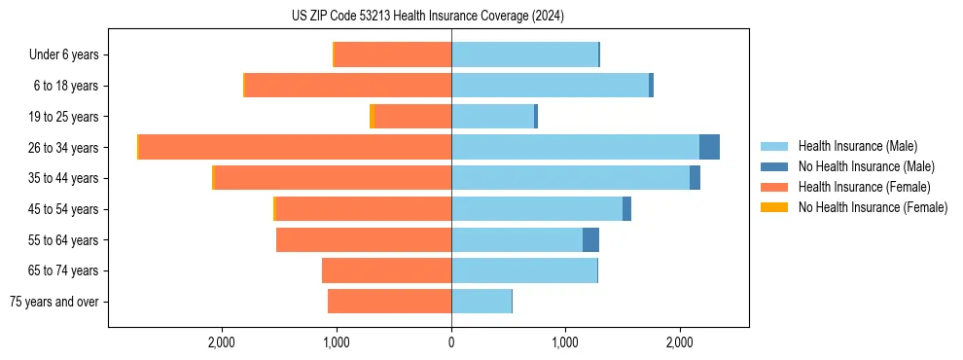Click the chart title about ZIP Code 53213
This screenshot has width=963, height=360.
click(427, 16)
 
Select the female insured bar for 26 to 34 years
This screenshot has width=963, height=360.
click(295, 147)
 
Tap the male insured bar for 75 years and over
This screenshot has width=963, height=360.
click(481, 302)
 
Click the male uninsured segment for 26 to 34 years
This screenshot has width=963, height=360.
click(709, 147)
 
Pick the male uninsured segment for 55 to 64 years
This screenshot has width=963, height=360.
click(590, 239)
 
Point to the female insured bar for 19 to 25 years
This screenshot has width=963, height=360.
click(413, 117)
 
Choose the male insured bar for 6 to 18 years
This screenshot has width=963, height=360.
click(550, 86)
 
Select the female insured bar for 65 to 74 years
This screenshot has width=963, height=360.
click(386, 270)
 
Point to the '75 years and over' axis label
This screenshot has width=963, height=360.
click(54, 302)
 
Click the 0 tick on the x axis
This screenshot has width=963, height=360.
click(451, 342)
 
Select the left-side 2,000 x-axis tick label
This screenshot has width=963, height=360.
click(222, 342)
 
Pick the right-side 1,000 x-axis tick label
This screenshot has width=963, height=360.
click(565, 342)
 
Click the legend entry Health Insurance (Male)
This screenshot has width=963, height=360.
click(857, 146)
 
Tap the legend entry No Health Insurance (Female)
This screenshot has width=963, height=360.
click(873, 207)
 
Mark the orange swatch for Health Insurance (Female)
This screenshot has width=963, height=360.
click(774, 187)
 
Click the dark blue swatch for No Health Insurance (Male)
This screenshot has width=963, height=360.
click(774, 166)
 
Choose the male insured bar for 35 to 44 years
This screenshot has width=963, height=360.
click(570, 178)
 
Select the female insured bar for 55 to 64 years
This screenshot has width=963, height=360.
click(364, 239)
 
